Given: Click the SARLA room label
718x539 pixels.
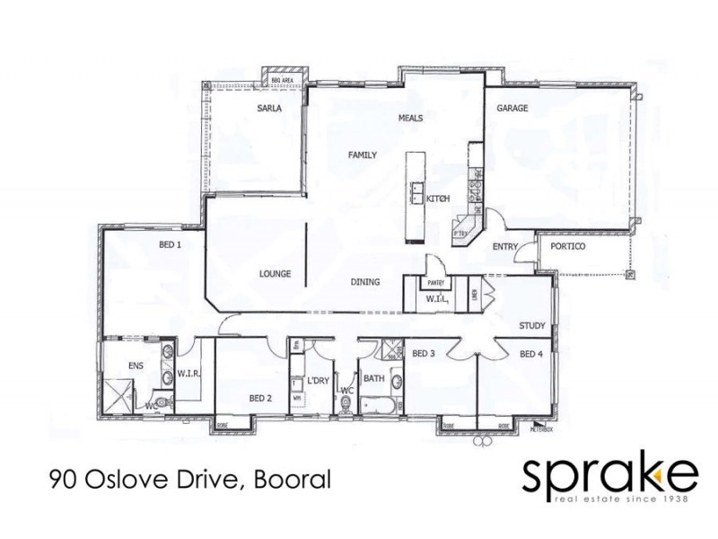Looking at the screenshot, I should [x=269, y=109].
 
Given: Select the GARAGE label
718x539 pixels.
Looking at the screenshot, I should [x=512, y=109].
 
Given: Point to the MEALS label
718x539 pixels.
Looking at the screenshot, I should [x=410, y=119].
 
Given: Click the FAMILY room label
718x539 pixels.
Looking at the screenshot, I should [x=361, y=155].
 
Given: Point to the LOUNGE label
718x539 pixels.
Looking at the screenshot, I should [x=274, y=274].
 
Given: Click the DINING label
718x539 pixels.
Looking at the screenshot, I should [x=365, y=282].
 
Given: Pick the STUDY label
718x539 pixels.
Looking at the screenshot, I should [x=532, y=325].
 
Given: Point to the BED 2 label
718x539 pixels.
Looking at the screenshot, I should [x=260, y=398].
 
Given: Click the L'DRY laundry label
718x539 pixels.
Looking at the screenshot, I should [x=318, y=381].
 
